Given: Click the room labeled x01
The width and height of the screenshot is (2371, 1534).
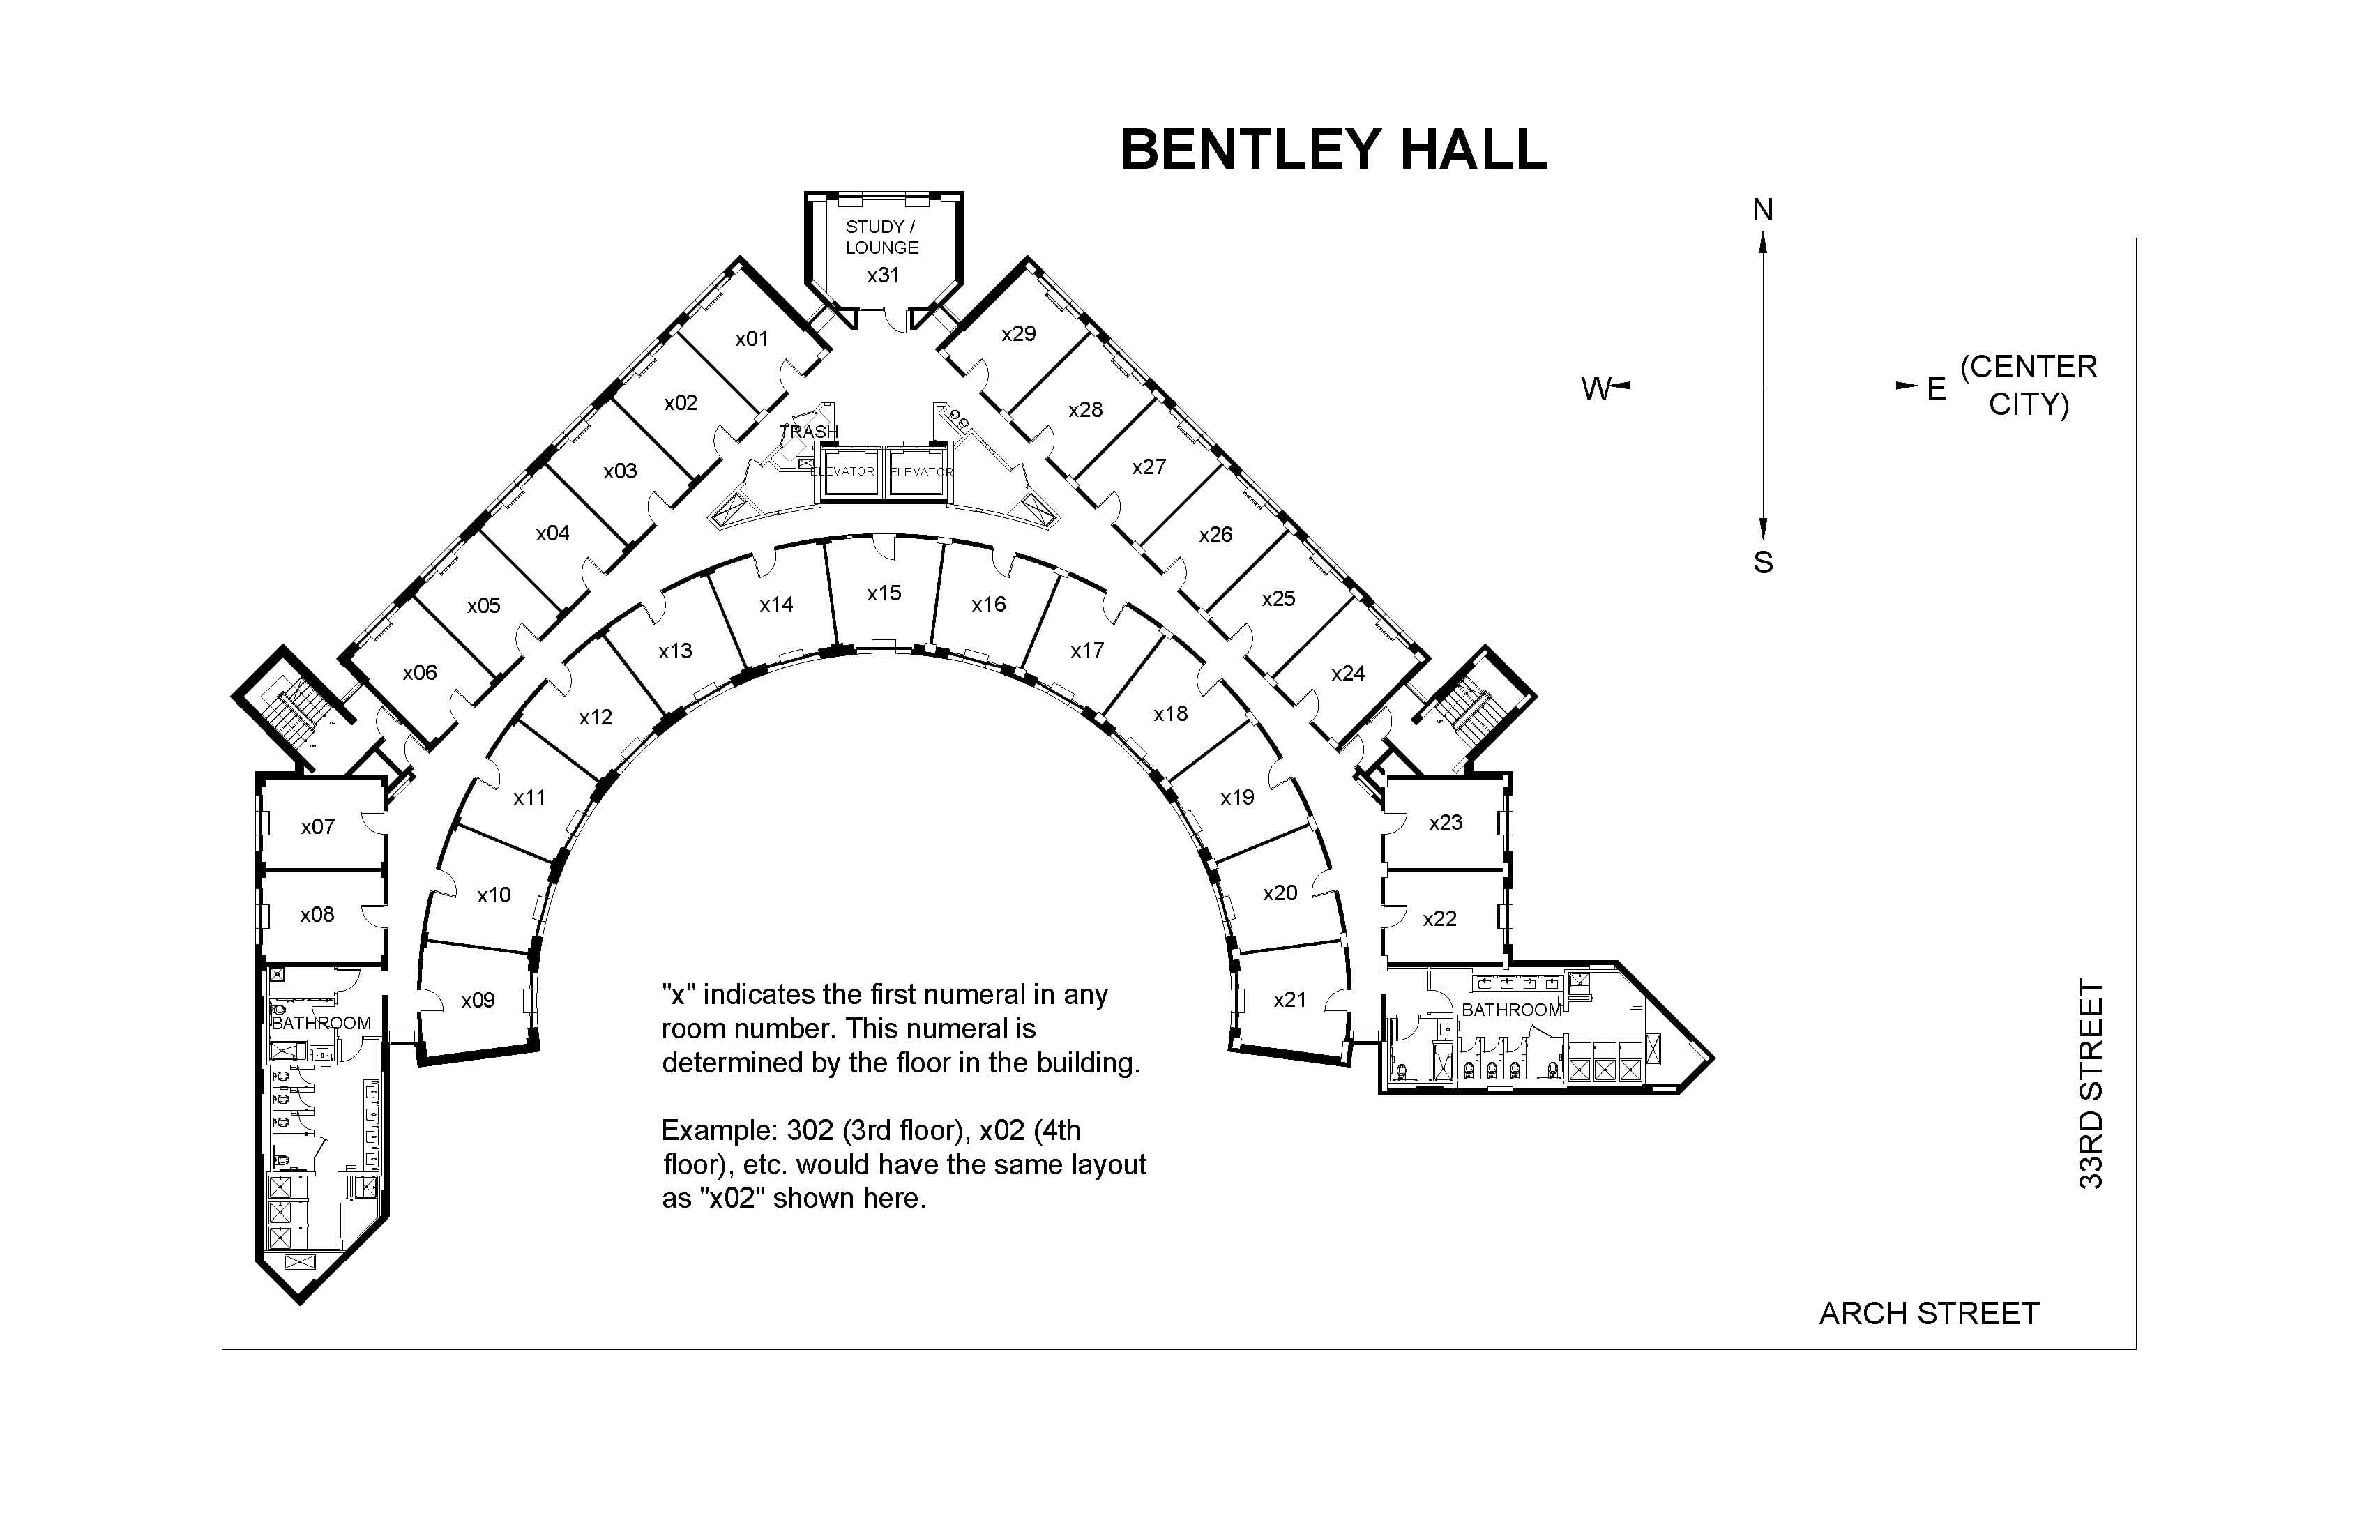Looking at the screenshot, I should click(752, 339).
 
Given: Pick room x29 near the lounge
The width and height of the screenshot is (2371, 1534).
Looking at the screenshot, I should click(1018, 334).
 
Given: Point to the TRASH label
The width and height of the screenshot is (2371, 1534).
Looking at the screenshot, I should click(808, 432).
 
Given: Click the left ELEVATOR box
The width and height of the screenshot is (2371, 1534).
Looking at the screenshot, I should click(844, 471).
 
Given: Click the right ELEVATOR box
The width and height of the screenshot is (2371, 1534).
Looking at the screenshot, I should click(918, 471).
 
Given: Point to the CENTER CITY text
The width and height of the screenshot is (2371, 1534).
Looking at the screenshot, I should click(2029, 386).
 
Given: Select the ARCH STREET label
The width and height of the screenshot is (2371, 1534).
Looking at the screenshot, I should click(1929, 1314).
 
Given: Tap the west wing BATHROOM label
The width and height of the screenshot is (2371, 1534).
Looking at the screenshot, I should click(321, 1023).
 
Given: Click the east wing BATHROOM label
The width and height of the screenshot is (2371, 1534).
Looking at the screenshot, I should click(1511, 1010).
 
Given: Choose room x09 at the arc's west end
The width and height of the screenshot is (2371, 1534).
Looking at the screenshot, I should click(478, 1000).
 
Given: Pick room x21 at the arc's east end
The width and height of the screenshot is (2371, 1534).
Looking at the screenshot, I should click(1289, 999).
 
